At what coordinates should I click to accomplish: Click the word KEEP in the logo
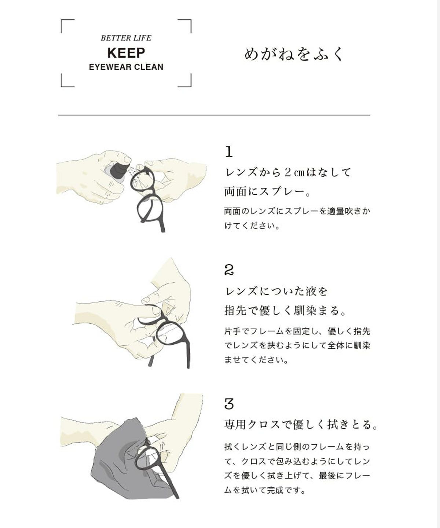[126, 53]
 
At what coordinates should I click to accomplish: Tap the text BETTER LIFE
[126, 38]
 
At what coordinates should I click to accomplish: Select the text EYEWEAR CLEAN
[126, 67]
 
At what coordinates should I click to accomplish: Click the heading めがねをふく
[294, 55]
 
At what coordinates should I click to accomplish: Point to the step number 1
[229, 152]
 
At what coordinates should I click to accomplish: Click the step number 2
[229, 271]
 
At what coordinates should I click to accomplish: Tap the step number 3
[229, 404]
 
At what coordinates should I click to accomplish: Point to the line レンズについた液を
[276, 291]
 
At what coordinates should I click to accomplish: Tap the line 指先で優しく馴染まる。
[286, 311]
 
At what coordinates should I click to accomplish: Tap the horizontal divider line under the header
[214, 115]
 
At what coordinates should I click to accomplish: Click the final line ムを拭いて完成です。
[265, 490]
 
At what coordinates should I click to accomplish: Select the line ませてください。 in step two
[257, 360]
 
